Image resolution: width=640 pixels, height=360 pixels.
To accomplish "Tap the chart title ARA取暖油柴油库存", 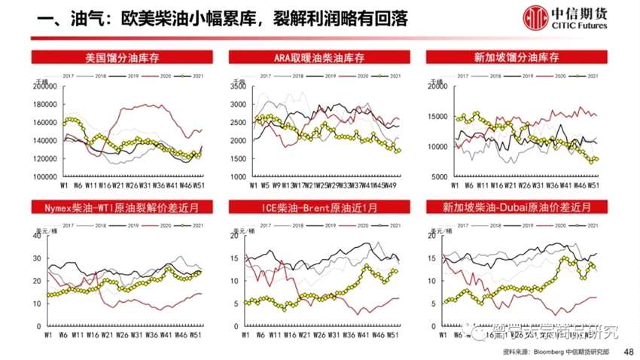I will [x=319, y=57].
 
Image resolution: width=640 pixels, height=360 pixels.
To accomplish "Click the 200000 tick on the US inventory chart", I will [x=46, y=87].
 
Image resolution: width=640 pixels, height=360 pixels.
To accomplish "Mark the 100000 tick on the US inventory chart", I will [x=46, y=176].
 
